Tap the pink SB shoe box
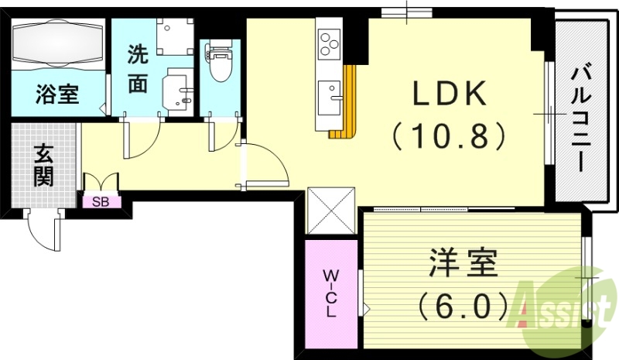point(101,202)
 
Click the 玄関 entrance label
point(43,166)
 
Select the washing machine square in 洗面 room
point(172,35)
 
